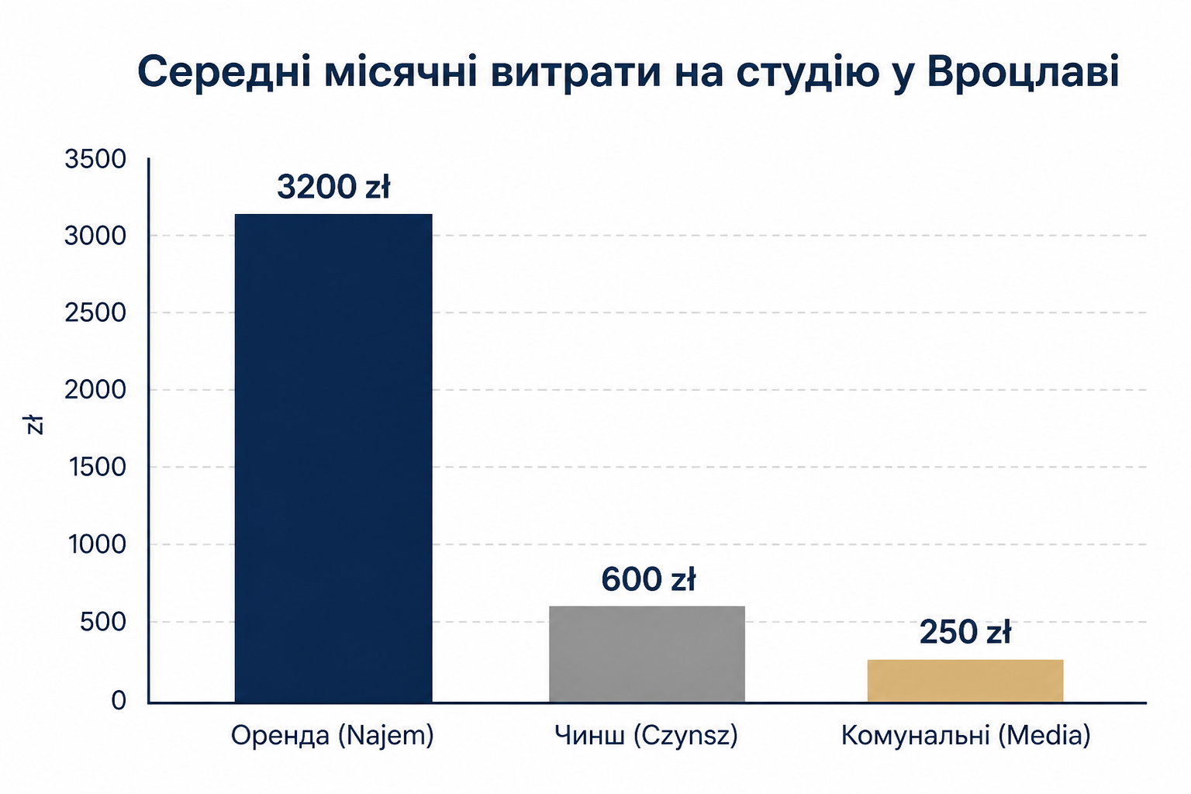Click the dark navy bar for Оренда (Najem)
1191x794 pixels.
[333, 458]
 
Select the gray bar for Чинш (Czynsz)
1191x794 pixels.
[647, 654]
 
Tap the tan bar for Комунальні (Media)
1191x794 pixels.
[965, 681]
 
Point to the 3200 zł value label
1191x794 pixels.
[333, 187]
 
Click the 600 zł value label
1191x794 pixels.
[648, 579]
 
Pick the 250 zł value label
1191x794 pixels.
[965, 632]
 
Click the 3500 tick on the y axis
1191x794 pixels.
[95, 159]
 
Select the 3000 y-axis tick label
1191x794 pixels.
[95, 236]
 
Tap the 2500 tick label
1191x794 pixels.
[95, 312]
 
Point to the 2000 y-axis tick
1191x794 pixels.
[95, 390]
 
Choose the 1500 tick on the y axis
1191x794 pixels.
[97, 467]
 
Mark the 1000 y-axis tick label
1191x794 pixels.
[97, 544]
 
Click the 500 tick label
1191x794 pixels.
[103, 622]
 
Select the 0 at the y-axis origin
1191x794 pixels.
[119, 700]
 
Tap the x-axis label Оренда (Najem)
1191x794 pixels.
[333, 736]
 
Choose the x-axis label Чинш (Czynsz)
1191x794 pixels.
[646, 736]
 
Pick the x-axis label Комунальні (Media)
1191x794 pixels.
[965, 736]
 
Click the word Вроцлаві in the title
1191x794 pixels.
[1024, 72]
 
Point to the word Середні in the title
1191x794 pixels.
[224, 72]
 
